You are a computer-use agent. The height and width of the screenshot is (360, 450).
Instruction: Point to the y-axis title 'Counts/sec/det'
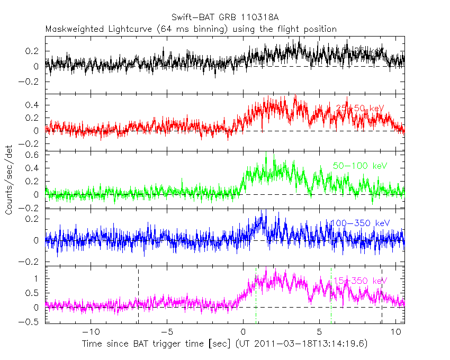[9, 180]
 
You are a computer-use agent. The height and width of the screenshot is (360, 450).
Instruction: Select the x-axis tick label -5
[167, 332]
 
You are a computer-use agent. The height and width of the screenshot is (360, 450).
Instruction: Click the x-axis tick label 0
[243, 332]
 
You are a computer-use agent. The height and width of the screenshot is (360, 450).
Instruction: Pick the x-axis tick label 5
[319, 332]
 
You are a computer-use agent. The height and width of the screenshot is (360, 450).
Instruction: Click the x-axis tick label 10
[395, 332]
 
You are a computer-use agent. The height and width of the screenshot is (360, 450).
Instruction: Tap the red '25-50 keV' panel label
[360, 108]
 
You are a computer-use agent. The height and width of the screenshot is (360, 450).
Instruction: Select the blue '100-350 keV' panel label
[360, 223]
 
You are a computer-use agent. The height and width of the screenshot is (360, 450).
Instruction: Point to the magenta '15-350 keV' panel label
[360, 280]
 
